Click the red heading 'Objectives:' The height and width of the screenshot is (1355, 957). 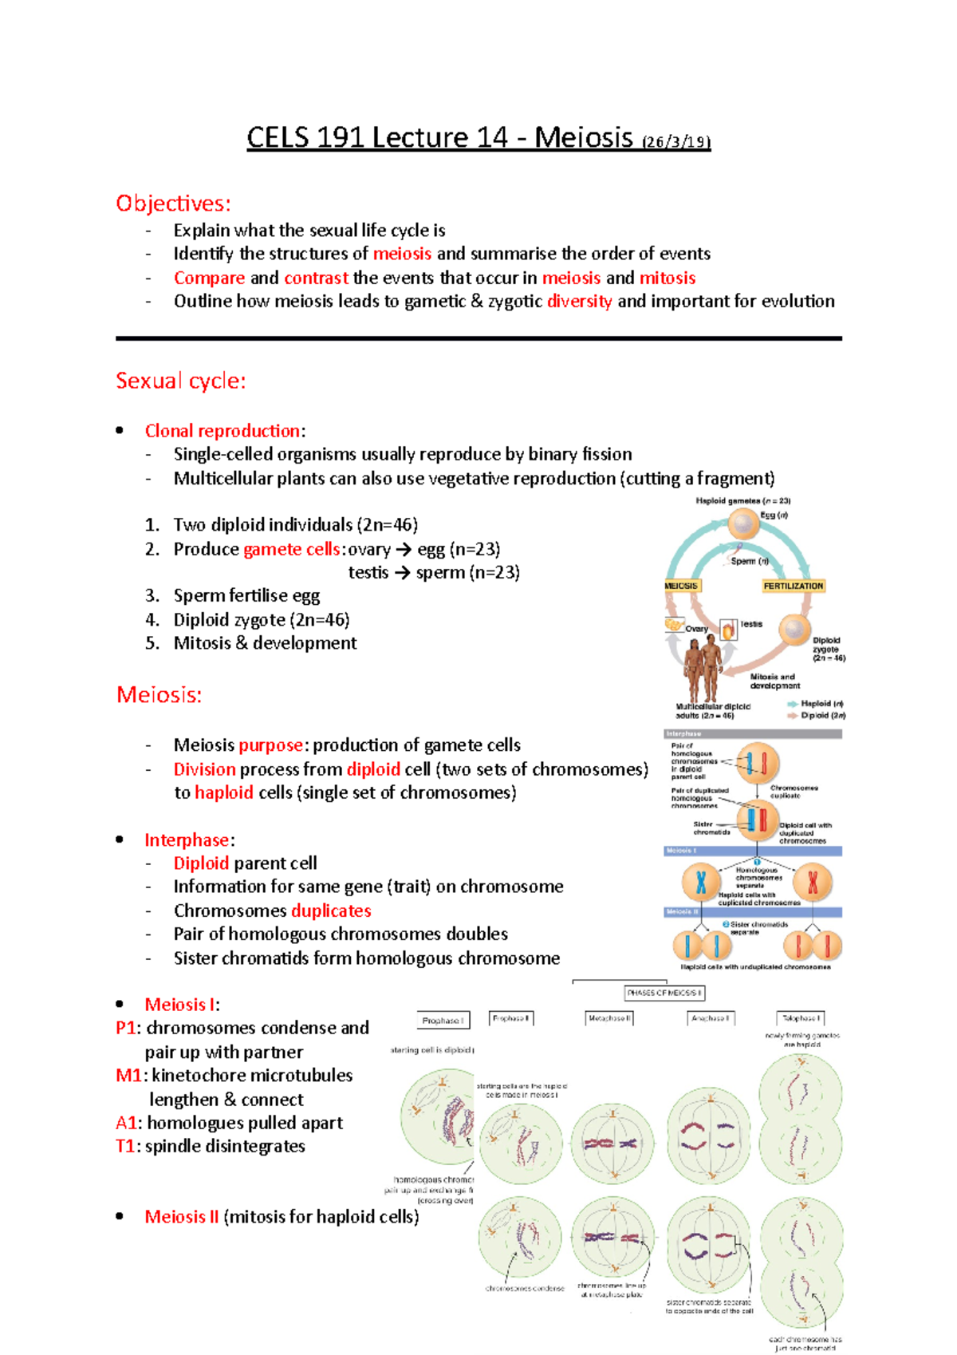pyautogui.click(x=173, y=203)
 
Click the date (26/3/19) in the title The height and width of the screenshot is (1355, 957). pyautogui.click(x=675, y=142)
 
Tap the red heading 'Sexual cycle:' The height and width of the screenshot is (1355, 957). pyautogui.click(x=181, y=381)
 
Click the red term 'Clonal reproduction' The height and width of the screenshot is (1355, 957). pyautogui.click(x=222, y=431)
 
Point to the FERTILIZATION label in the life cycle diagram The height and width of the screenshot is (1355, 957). pyautogui.click(x=793, y=586)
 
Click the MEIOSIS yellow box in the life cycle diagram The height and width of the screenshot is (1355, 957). pyautogui.click(x=681, y=586)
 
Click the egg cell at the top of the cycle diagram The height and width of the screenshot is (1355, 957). pyautogui.click(x=743, y=524)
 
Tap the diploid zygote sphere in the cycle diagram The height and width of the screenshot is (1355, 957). pyautogui.click(x=794, y=630)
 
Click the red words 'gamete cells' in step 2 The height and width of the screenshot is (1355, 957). pyautogui.click(x=292, y=549)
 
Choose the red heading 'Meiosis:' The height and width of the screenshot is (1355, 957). pyautogui.click(x=159, y=694)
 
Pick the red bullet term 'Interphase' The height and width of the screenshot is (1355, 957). pyautogui.click(x=187, y=839)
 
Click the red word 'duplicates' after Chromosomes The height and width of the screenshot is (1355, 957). pyautogui.click(x=331, y=911)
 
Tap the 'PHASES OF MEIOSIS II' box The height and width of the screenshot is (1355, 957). pyautogui.click(x=664, y=993)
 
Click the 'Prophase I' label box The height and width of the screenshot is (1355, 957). pyautogui.click(x=443, y=1020)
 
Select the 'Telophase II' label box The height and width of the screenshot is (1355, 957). pyautogui.click(x=800, y=1018)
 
